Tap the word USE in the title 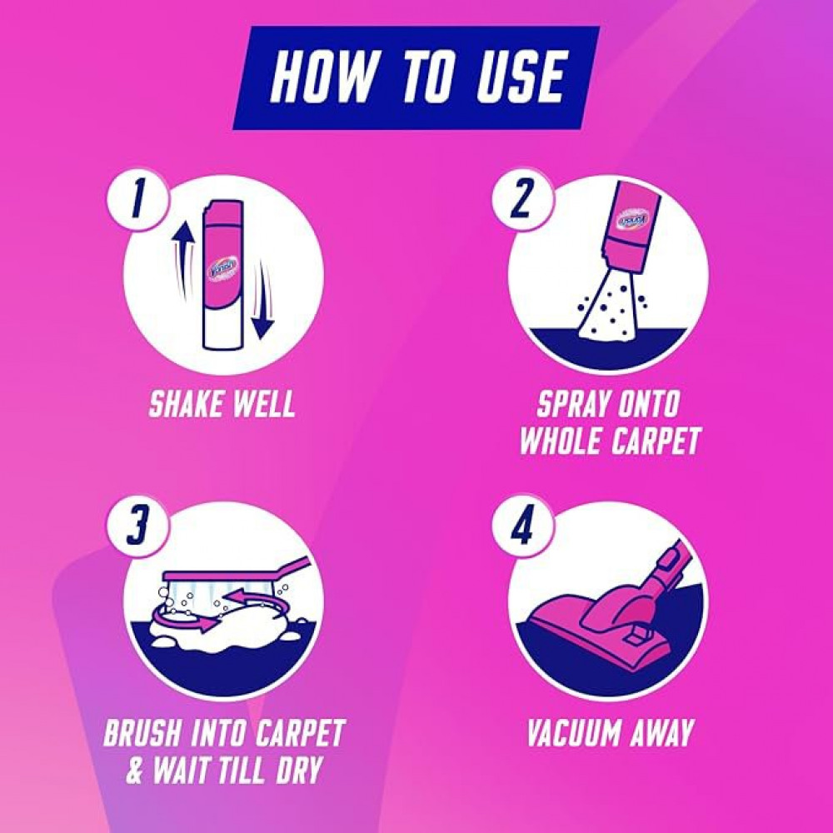coord(511,77)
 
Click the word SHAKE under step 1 coord(184,405)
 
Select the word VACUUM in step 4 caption coord(573,734)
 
